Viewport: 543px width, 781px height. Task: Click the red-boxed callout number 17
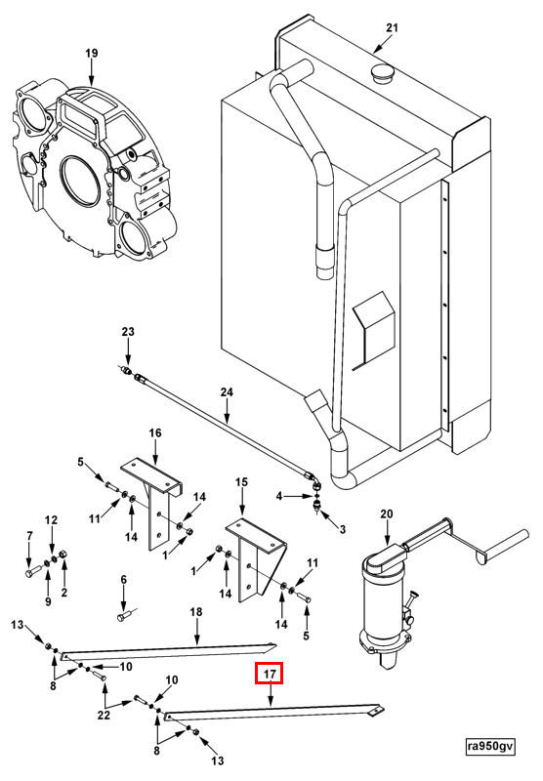269,675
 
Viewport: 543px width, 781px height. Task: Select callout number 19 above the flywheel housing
92,54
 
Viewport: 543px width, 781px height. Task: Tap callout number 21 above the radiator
393,27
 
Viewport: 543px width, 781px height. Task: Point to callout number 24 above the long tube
227,392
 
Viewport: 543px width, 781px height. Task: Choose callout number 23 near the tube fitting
128,332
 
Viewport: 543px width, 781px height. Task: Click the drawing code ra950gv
490,746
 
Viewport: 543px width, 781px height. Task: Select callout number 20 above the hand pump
387,514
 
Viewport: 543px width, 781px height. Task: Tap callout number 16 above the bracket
155,432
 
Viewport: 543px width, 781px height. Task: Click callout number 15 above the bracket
241,482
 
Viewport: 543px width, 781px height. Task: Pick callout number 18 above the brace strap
196,612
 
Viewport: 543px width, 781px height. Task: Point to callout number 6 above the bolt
124,580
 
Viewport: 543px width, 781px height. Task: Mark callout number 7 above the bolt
29,536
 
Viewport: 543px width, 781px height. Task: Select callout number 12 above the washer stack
52,520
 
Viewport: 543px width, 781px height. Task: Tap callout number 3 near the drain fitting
342,529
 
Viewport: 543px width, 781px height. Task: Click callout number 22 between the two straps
104,716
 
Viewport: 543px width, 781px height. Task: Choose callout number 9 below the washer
48,601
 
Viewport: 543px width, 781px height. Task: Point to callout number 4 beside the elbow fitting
279,496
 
